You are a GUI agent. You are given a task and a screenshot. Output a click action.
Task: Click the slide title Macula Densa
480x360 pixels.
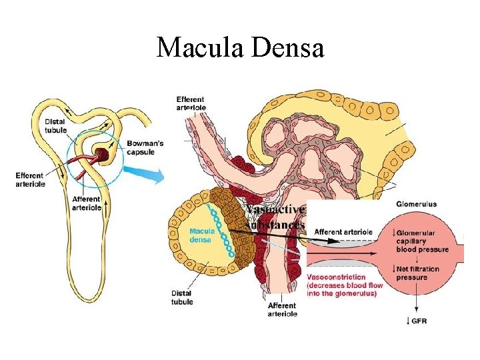coord(240,48)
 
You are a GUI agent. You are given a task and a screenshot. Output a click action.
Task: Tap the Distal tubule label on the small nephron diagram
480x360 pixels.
coord(57,125)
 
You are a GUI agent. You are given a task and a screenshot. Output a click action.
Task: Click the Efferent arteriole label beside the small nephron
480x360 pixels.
coord(31,180)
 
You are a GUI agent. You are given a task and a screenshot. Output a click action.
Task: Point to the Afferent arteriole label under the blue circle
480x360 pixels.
coord(87,203)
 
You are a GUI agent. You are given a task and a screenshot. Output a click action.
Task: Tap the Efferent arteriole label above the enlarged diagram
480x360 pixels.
coord(191,103)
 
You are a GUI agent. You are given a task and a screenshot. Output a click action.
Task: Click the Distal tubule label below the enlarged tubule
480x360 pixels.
coord(181,297)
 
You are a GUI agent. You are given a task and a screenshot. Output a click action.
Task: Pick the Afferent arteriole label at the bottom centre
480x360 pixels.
coord(282,309)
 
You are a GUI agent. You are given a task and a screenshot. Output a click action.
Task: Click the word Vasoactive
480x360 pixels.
coord(276,210)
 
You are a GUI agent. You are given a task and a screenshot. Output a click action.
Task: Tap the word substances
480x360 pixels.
coord(275,225)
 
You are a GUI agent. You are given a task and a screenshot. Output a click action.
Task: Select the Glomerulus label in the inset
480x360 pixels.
coord(417,203)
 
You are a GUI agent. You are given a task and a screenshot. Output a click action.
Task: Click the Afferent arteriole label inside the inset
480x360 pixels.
coord(343,232)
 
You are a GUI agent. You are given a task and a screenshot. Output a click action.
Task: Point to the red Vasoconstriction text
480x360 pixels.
coord(337,277)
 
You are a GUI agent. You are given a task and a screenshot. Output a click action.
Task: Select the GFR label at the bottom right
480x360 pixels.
coord(419,321)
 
